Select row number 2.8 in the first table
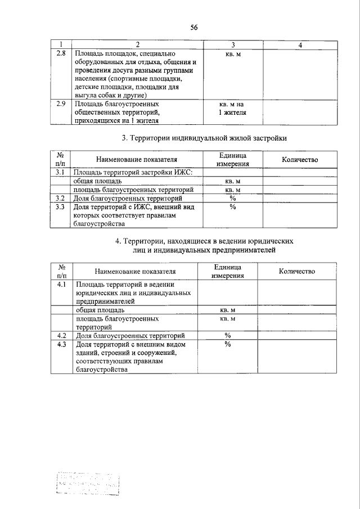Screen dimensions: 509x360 pos(62,53)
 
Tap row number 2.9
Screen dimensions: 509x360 pos(62,104)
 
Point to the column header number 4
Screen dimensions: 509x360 pos(300,45)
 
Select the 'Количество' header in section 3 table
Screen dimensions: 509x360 pos(300,160)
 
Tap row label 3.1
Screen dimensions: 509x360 pos(62,173)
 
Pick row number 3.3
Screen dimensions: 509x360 pos(62,207)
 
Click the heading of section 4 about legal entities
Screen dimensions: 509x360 pos(204,245)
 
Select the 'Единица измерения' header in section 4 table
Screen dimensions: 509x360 pos(227,271)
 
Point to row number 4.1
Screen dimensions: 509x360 pos(62,285)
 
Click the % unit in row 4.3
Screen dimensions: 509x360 pos(228,345)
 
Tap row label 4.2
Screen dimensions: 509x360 pos(62,336)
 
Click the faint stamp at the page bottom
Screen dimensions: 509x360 pos(89,483)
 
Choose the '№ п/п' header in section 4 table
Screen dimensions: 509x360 pos(62,271)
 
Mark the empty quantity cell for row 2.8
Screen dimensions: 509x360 pos(300,74)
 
